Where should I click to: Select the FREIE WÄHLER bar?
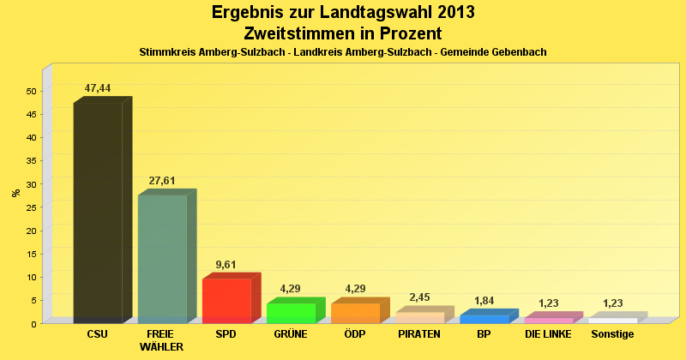click(x=162, y=259)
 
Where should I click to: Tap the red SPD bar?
click(x=226, y=301)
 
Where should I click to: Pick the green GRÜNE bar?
click(x=291, y=313)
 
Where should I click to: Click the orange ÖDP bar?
click(x=355, y=313)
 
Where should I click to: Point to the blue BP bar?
click(x=484, y=319)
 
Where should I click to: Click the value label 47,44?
click(x=98, y=88)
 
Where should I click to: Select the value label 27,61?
click(x=162, y=181)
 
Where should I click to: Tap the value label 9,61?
click(x=226, y=265)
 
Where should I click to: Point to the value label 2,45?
click(x=419, y=297)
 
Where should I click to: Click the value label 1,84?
click(x=484, y=301)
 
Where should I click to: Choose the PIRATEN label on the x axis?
click(x=419, y=334)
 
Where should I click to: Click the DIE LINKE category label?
click(x=548, y=334)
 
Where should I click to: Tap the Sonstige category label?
click(x=612, y=334)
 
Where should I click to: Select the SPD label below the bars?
click(x=226, y=334)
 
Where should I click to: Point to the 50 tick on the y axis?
click(x=32, y=91)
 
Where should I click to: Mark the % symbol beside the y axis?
click(x=15, y=193)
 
